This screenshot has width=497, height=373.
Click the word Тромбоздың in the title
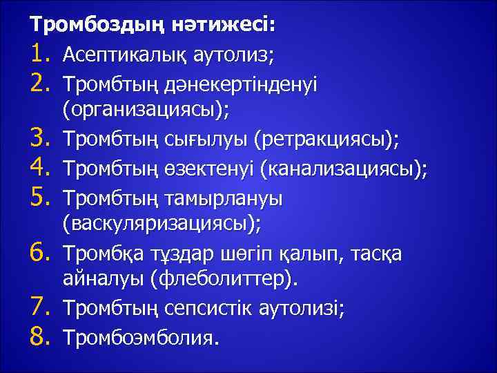pyautogui.click(x=88, y=26)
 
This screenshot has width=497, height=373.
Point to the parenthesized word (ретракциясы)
pyautogui.click(x=326, y=141)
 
